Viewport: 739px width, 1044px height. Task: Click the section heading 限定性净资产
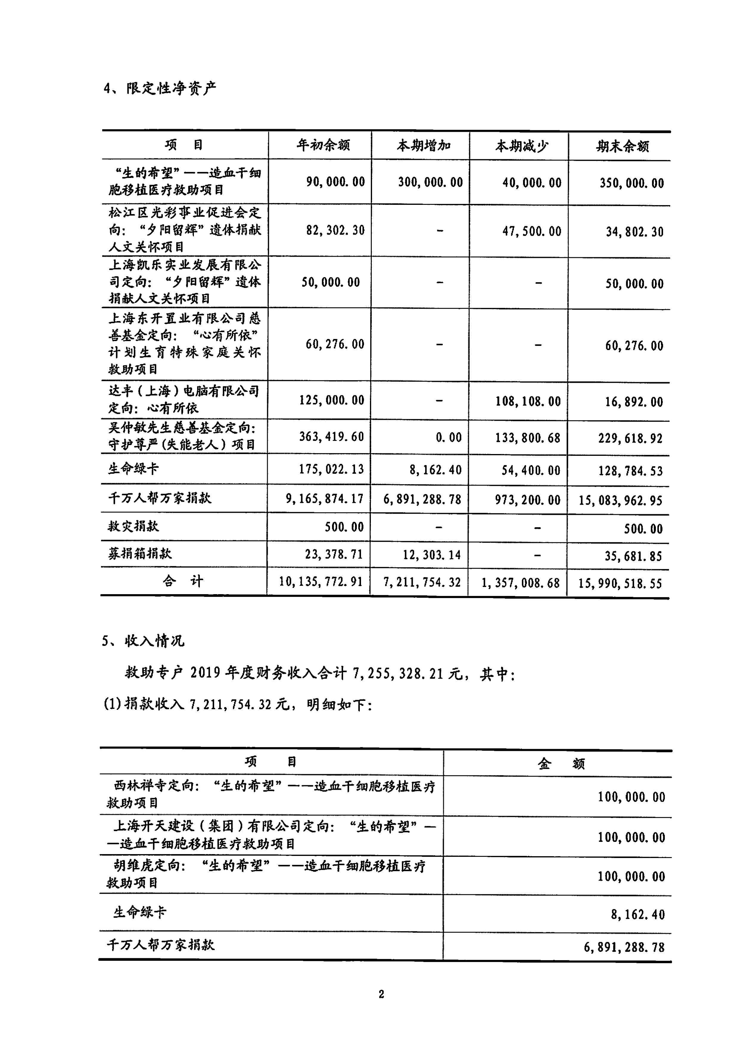pyautogui.click(x=171, y=88)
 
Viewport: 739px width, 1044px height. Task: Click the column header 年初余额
pyautogui.click(x=323, y=146)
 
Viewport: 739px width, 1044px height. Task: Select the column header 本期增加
pyautogui.click(x=423, y=146)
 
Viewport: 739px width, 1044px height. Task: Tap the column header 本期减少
pyautogui.click(x=522, y=146)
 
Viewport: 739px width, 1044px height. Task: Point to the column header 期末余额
pyautogui.click(x=622, y=147)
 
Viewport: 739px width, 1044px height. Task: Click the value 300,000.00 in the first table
pyautogui.click(x=430, y=182)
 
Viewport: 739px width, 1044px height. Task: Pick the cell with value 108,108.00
pyautogui.click(x=528, y=402)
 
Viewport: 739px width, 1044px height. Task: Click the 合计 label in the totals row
pyautogui.click(x=183, y=581)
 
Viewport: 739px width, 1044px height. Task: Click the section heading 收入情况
pyautogui.click(x=154, y=641)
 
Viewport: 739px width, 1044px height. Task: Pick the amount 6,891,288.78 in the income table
pyautogui.click(x=624, y=947)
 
